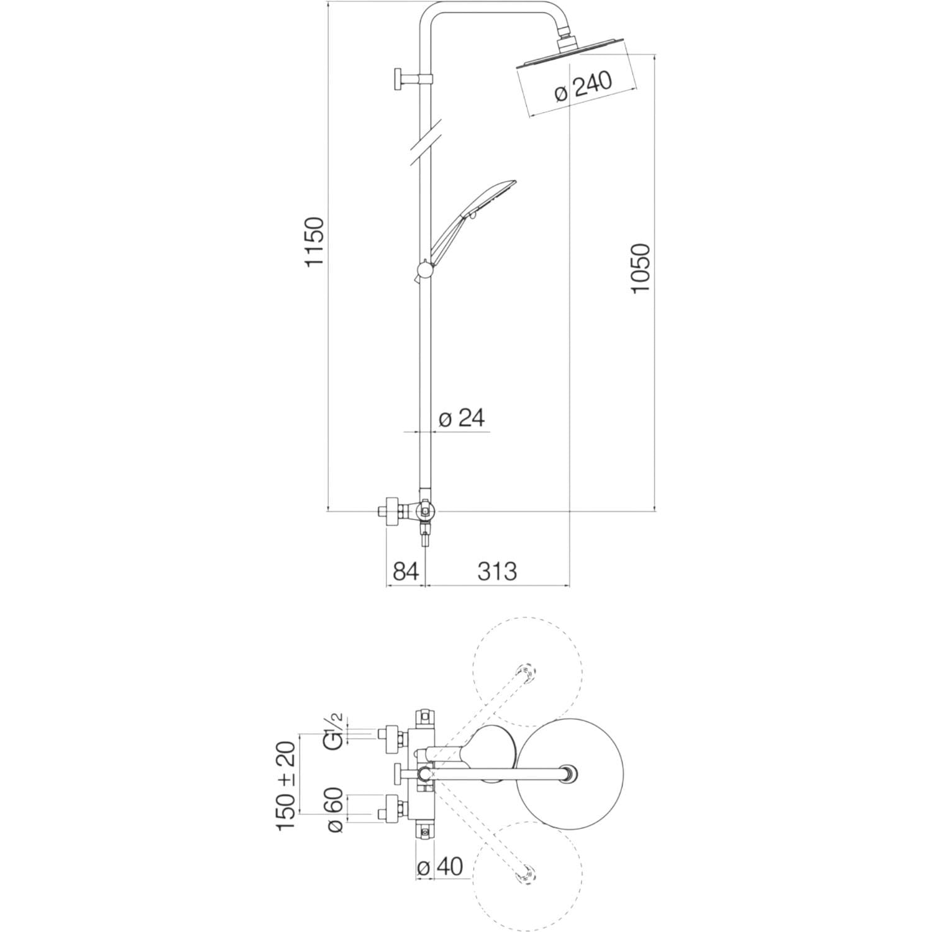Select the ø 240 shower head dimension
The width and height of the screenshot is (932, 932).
coord(583,87)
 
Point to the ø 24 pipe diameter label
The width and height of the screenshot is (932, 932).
coord(461,419)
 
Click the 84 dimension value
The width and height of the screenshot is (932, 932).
coord(406,571)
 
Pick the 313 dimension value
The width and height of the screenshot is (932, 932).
coord(497,571)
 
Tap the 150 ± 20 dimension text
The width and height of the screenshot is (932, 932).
coord(288,785)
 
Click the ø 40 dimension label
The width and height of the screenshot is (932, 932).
coord(441,867)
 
